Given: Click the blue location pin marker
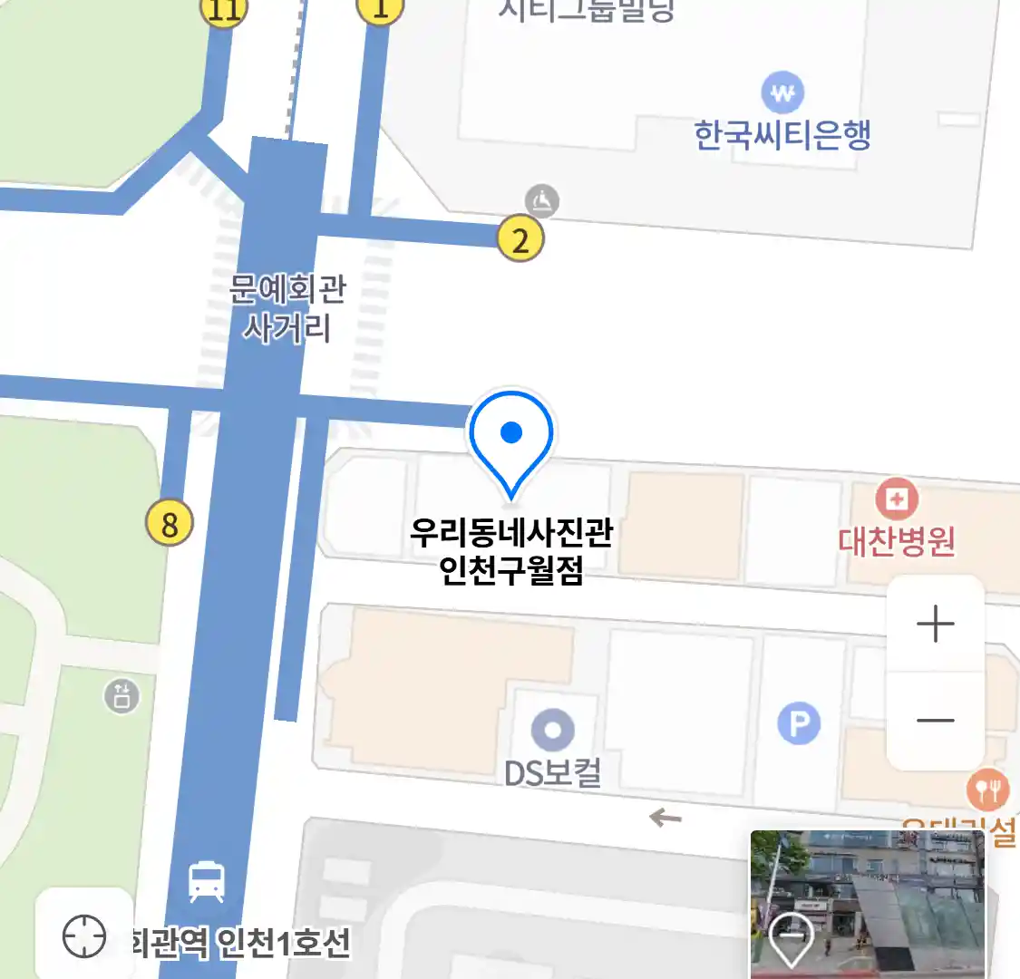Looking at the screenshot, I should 510,438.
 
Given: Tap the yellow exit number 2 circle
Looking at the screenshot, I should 520,240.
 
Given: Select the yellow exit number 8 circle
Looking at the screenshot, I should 170,523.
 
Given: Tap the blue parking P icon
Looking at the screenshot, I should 799,723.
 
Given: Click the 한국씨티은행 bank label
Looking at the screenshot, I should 782,136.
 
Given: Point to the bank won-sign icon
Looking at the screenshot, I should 782,92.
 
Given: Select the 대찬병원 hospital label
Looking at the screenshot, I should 896,541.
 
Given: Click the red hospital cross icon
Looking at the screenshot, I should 896,499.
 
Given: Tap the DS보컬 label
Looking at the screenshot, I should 552,773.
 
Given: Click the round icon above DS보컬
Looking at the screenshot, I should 552,729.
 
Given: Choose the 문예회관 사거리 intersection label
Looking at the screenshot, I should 287,308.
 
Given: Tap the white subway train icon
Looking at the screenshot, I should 207,881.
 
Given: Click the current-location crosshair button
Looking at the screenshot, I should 84,935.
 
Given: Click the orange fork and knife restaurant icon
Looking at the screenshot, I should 986,790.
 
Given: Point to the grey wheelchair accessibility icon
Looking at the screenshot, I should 542,201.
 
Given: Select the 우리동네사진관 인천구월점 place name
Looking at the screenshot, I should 511,550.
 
